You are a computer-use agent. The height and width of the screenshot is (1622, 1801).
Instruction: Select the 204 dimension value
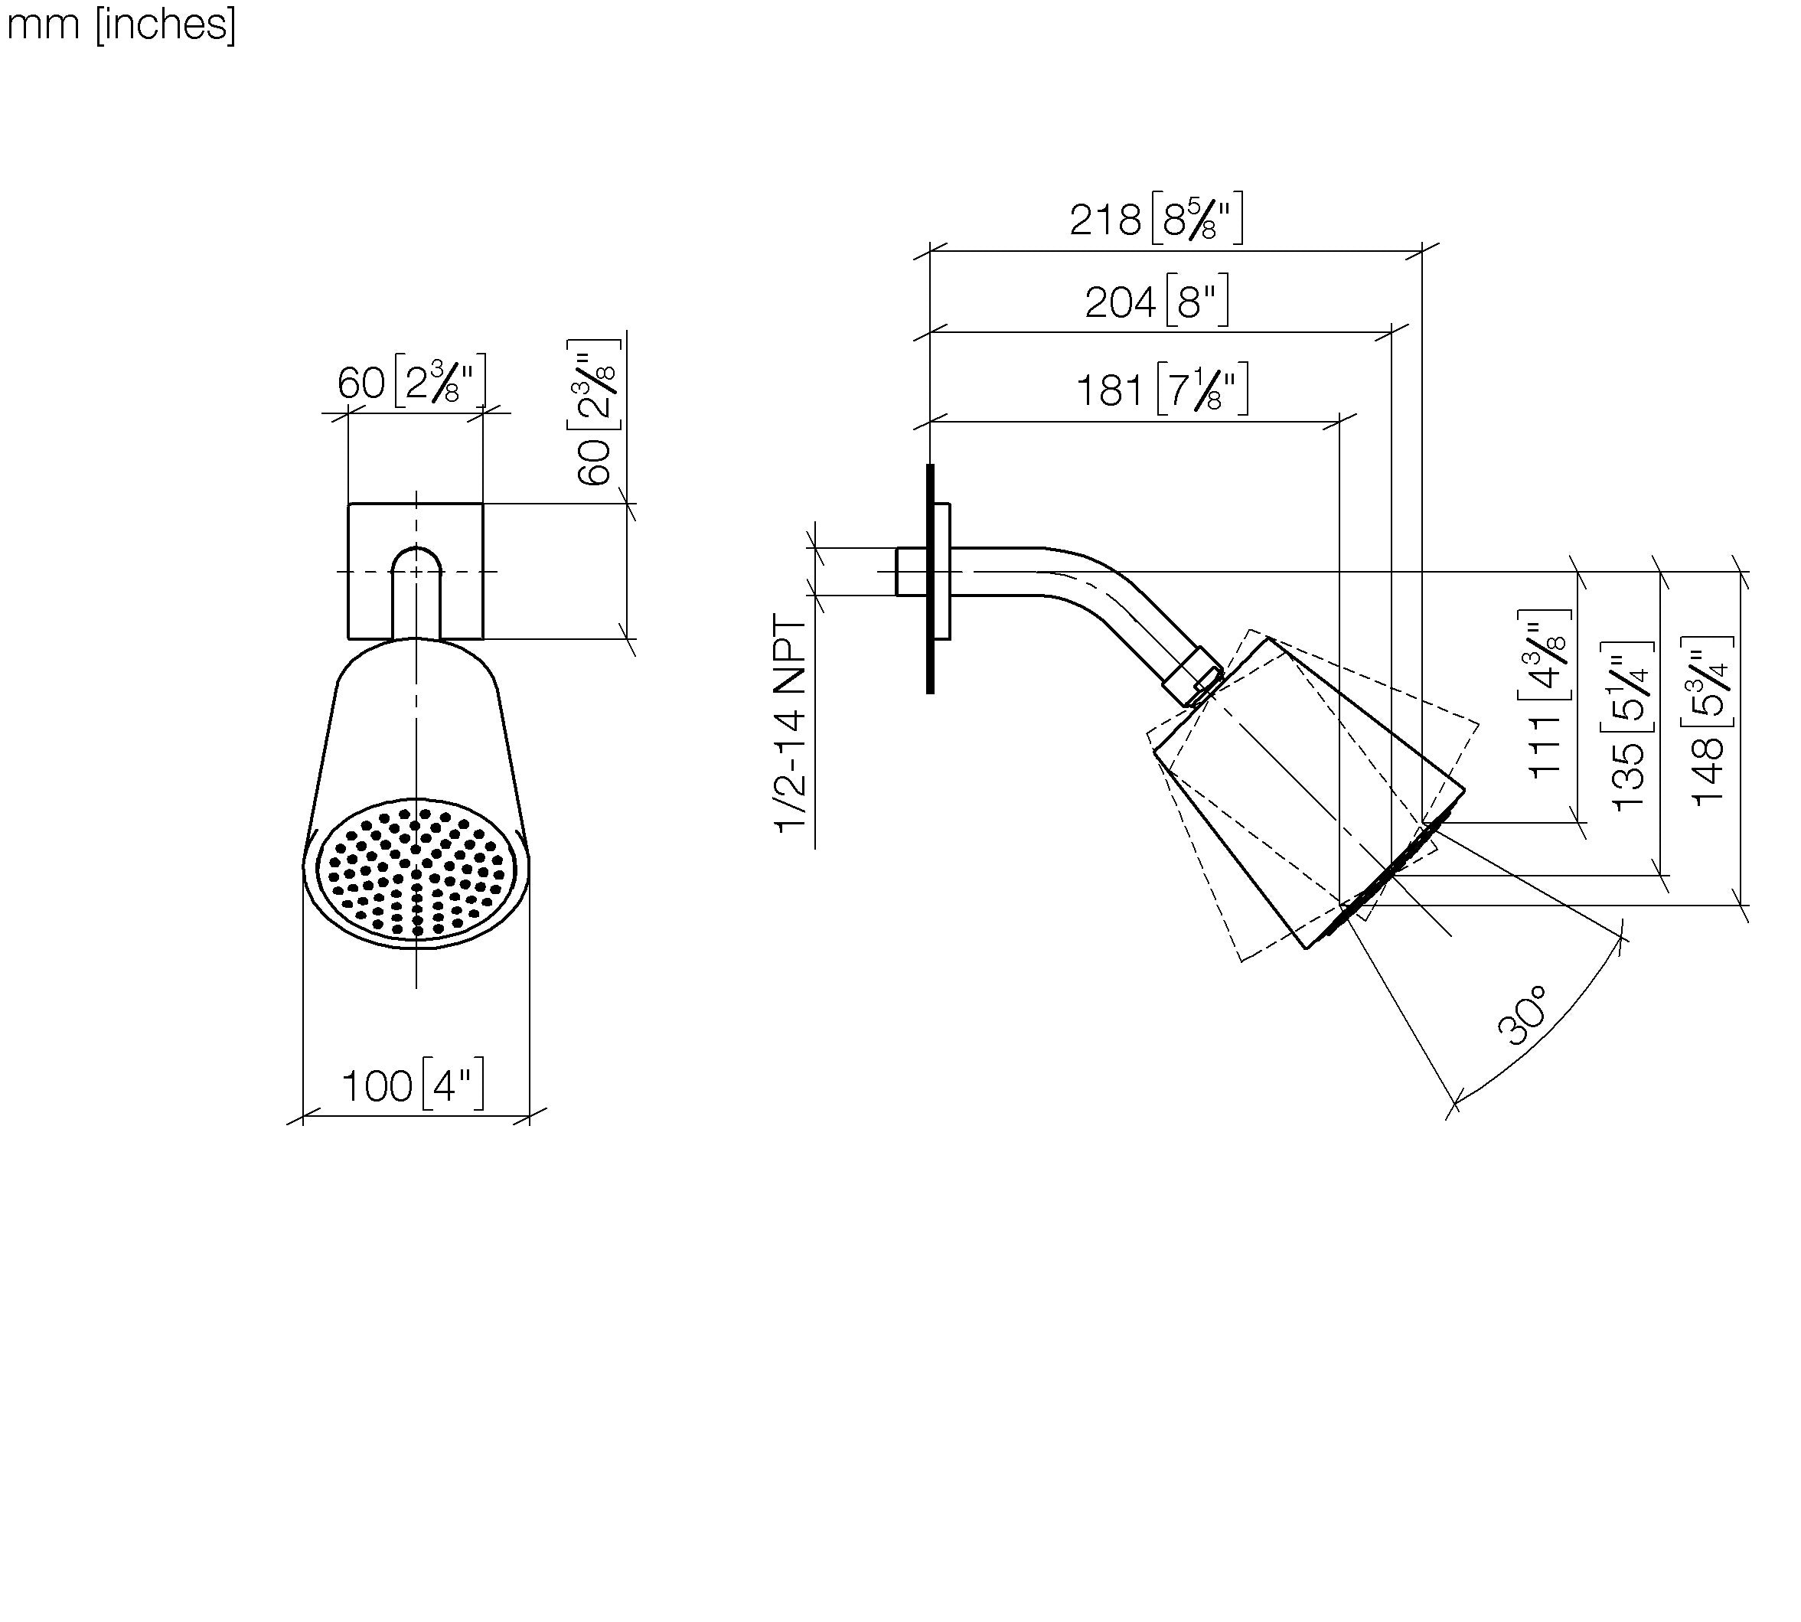pyautogui.click(x=1120, y=302)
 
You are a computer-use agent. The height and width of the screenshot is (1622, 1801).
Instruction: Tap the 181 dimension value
pyautogui.click(x=1110, y=390)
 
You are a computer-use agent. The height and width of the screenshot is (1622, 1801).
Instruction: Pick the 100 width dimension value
pyautogui.click(x=377, y=1086)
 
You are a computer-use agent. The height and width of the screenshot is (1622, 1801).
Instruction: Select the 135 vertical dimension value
pyautogui.click(x=1628, y=775)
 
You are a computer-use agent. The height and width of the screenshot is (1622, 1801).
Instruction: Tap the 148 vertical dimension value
pyautogui.click(x=1708, y=772)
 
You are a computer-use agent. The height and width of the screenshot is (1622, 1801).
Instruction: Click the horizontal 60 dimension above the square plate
pyautogui.click(x=361, y=383)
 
